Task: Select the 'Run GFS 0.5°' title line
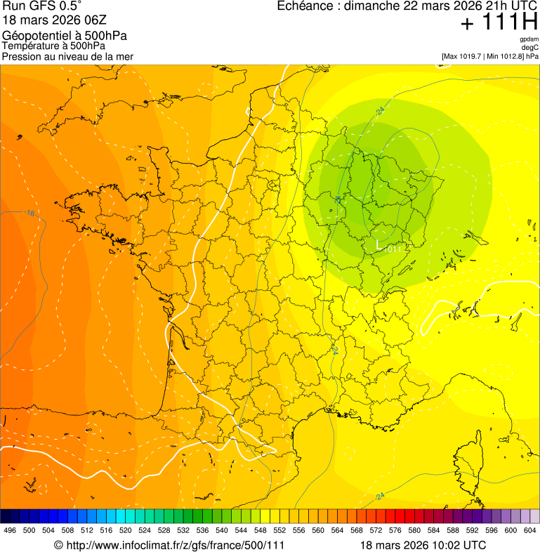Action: [42, 7]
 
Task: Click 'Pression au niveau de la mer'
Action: [67, 56]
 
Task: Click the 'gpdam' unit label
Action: [529, 39]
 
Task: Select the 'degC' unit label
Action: [530, 47]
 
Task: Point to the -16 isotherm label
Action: [29, 213]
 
